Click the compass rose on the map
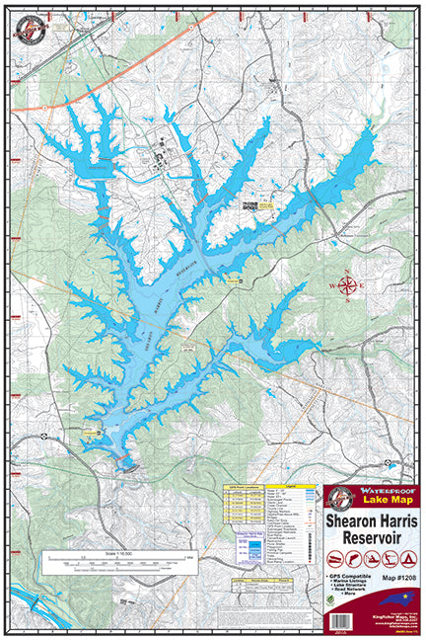tap(347, 287)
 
